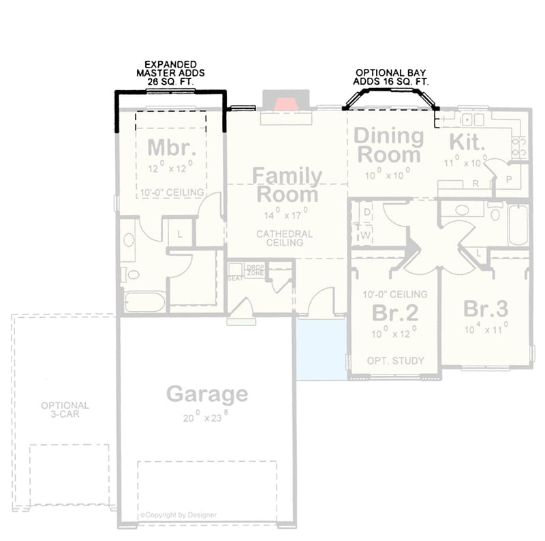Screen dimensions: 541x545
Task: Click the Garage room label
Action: (207, 394)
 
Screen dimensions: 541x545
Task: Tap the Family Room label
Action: (287, 185)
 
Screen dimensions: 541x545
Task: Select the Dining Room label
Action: (388, 145)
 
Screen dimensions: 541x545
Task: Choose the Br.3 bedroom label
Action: (486, 309)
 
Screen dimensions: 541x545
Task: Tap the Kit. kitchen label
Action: (467, 143)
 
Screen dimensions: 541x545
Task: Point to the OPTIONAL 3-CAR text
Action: (65, 409)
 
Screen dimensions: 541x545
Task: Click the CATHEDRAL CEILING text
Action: (285, 238)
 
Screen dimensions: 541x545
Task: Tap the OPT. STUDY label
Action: (395, 360)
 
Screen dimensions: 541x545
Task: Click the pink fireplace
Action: (285, 103)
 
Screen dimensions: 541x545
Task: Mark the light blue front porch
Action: (322, 349)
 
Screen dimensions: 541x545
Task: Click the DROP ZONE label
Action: (255, 269)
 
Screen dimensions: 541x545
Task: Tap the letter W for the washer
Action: (366, 235)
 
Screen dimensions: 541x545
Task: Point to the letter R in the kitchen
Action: (476, 184)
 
